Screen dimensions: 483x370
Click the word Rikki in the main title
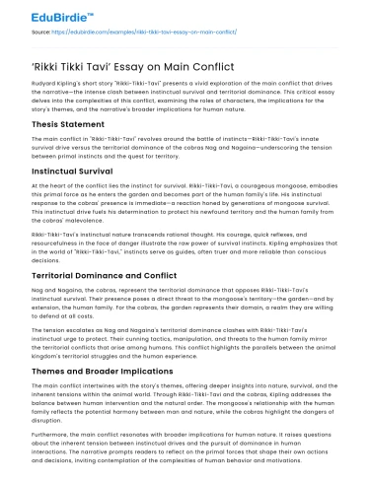pos(49,72)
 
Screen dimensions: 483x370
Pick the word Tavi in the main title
pos(97,72)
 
